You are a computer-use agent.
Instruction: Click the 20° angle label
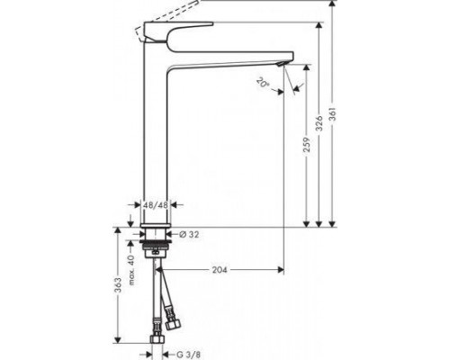(263, 82)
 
